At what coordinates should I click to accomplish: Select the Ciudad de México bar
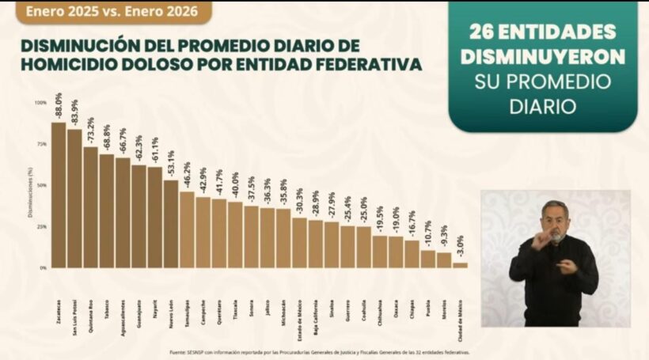coord(460,265)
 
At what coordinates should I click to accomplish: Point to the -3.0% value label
coord(460,248)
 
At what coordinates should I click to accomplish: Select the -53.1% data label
coord(171,165)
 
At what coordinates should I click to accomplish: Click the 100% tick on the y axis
coord(40,103)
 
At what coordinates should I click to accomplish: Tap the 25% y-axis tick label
coord(41,226)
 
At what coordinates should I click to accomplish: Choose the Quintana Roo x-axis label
coord(91,316)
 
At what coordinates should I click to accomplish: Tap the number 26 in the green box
coord(482,32)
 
